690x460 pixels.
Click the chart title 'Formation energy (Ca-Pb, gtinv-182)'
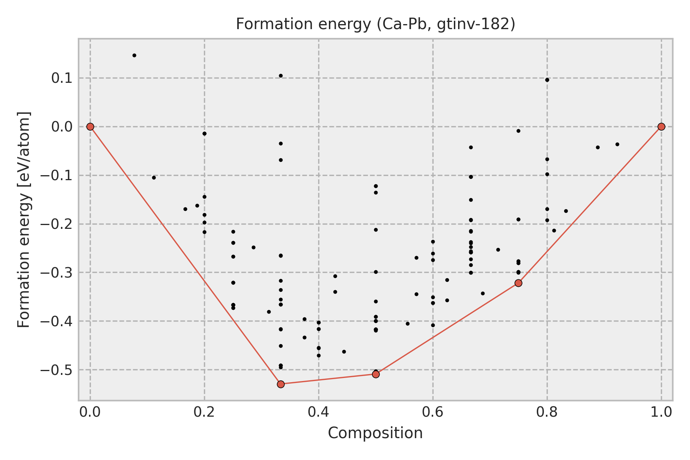(375, 24)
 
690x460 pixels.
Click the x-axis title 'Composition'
(375, 433)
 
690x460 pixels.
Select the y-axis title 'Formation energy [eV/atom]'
(24, 220)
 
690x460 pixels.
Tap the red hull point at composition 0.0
(90, 127)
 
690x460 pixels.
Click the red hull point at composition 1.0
(661, 127)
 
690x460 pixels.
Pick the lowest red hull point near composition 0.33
(281, 384)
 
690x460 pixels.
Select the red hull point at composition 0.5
(376, 374)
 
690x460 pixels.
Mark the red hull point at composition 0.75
(518, 283)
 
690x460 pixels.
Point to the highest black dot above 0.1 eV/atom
(134, 55)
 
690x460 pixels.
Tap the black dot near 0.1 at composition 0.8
(547, 80)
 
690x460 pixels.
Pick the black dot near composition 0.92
(617, 144)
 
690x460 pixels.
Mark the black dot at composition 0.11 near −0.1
(154, 177)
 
